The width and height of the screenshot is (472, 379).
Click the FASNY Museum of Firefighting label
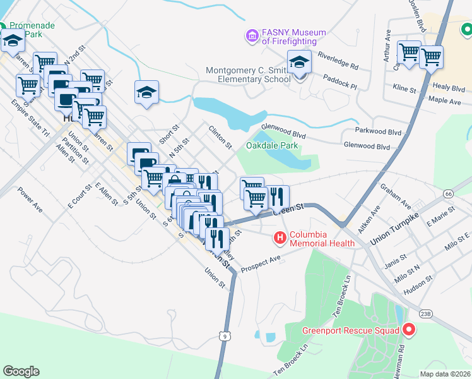(294, 37)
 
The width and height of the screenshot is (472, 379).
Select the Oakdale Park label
(272, 146)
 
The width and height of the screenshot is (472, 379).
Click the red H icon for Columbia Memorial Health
(280, 238)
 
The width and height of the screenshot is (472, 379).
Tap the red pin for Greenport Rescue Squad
(408, 330)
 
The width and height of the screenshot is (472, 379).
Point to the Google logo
(21, 371)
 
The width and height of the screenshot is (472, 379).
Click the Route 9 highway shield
(225, 337)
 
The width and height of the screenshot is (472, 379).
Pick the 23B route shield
(426, 313)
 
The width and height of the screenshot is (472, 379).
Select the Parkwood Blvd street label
(378, 133)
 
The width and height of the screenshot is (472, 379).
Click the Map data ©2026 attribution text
(444, 373)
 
